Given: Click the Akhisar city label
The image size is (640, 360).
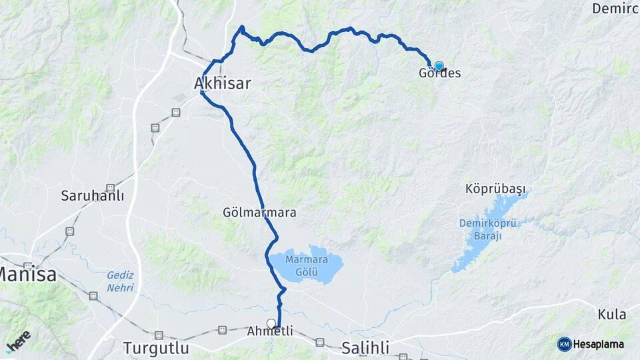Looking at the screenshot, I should tap(222, 83).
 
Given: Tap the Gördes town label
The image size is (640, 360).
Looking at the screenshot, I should tap(439, 73).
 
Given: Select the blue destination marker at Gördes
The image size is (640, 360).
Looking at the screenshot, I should tap(439, 66).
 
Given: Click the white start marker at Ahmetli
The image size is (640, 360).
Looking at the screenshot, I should tap(271, 323).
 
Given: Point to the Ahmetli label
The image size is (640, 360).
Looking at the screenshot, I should tap(270, 331).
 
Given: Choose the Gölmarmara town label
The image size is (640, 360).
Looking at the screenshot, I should tap(259, 213).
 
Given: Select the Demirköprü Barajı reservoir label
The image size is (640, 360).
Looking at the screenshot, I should tap(480, 229).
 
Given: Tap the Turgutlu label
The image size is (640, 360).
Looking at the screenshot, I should tap(156, 348).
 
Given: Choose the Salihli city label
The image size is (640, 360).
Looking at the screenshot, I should tap(365, 347).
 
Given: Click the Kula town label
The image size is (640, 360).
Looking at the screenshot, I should tap(611, 314).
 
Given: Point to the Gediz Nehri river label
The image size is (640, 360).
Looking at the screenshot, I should tap(120, 281).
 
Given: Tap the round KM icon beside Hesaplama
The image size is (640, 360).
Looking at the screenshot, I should tap(564, 344).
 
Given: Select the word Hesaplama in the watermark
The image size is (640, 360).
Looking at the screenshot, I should tap(599, 344).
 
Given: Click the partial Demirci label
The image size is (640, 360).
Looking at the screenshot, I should tap(615, 9).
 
